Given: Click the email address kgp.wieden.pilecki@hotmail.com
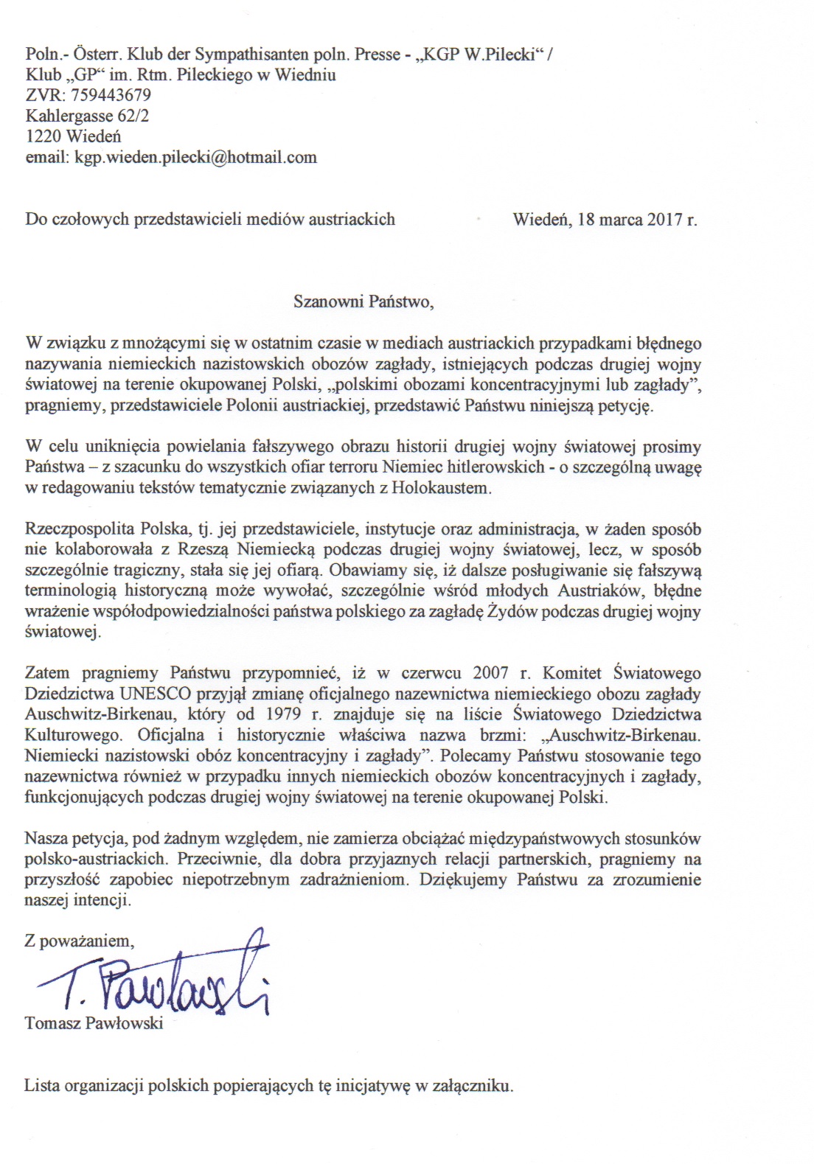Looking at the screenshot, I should click(x=195, y=157).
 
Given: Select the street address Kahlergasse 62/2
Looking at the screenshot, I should click(x=87, y=116).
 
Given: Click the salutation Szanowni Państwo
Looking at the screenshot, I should click(x=358, y=302).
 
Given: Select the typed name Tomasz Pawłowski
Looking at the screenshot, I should click(x=94, y=1023).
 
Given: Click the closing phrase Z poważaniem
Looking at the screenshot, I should click(x=80, y=941).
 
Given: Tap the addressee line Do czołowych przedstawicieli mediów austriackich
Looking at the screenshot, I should click(x=210, y=219).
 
